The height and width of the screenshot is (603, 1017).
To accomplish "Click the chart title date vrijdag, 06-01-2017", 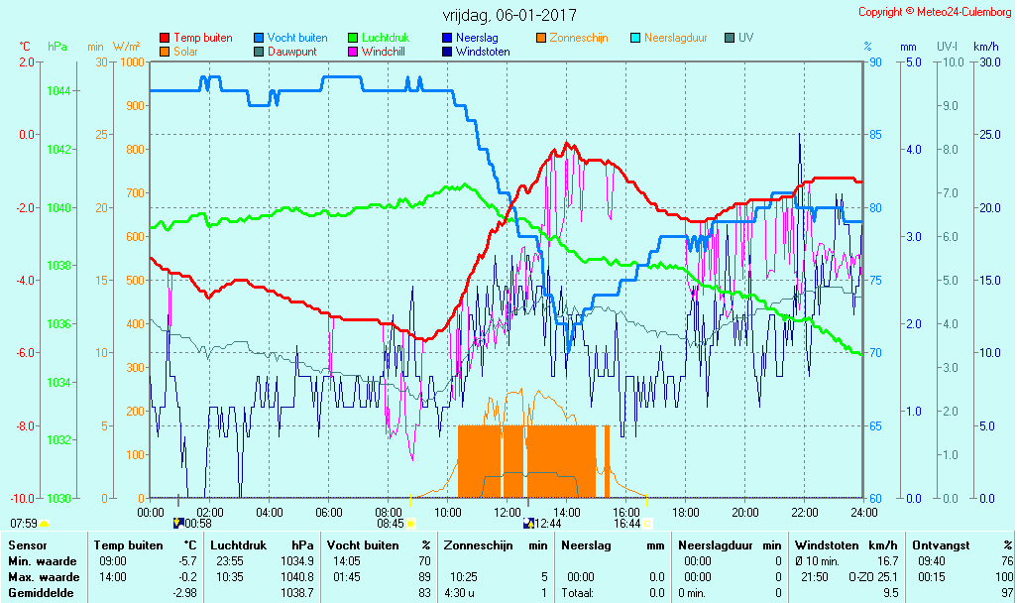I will (508, 16).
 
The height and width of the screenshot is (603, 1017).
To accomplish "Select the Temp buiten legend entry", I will (202, 38).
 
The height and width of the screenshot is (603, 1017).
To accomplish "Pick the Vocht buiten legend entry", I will (297, 38).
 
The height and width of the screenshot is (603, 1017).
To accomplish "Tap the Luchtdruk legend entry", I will (385, 38).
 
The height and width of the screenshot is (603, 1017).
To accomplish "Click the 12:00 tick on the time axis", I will (508, 512).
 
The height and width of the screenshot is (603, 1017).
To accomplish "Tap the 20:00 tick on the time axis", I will (745, 512).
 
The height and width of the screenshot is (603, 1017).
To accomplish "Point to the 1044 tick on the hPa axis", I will (59, 91).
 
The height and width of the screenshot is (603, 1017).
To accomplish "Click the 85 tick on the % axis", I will (874, 135).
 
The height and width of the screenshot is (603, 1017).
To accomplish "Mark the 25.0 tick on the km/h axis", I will (987, 135).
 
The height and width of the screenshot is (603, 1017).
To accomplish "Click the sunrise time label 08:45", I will (390, 524).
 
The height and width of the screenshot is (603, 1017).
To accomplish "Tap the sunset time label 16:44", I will (626, 524).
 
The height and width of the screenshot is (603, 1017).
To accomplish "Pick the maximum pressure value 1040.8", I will (297, 577).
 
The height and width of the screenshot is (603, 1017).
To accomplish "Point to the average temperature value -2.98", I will (184, 593).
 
